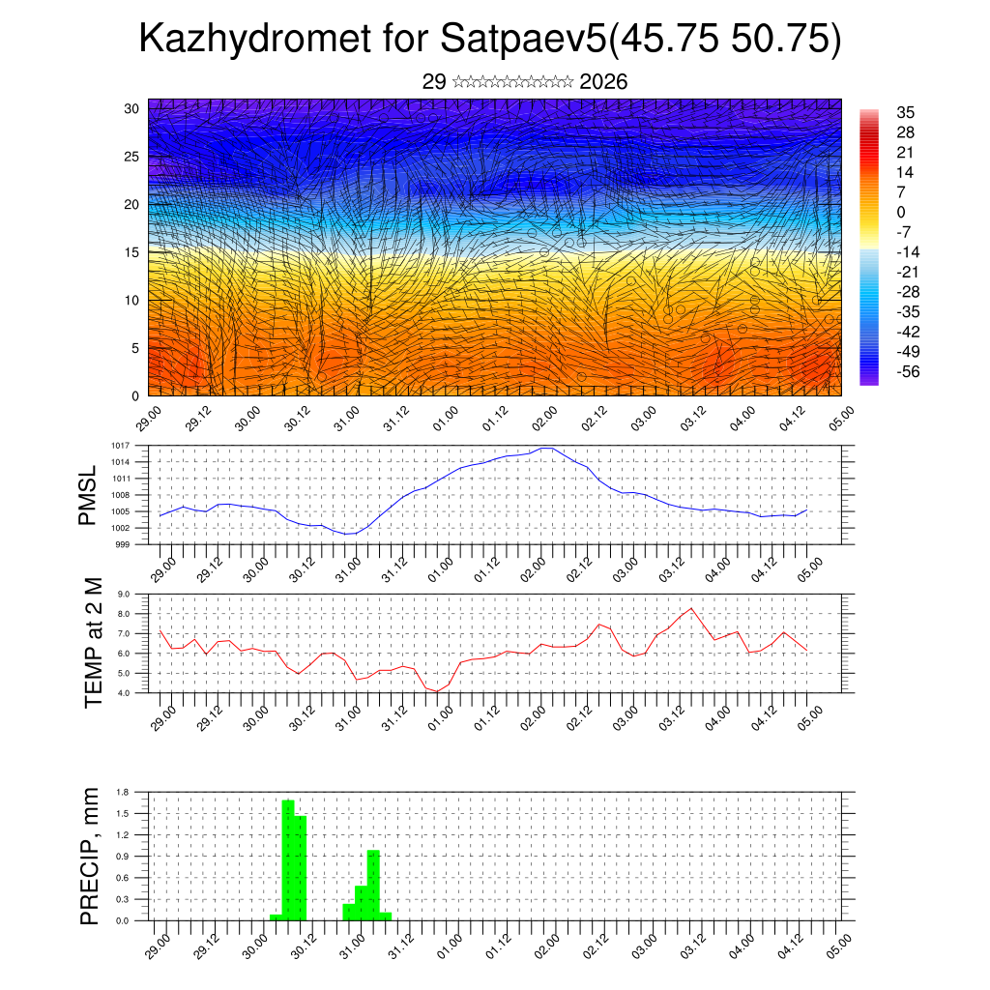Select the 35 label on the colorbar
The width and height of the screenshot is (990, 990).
click(x=906, y=112)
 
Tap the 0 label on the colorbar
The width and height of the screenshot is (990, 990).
click(x=901, y=212)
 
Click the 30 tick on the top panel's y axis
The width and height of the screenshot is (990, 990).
click(x=131, y=108)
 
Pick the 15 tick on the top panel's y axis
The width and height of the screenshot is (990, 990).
click(x=131, y=252)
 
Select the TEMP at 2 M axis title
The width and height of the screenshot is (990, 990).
click(x=93, y=642)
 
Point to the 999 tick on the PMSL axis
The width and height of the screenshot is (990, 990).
click(x=124, y=544)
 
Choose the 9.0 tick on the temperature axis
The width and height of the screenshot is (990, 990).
click(x=124, y=595)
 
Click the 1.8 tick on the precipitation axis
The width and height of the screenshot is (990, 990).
click(x=122, y=792)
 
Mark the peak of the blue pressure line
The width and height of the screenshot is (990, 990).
click(x=546, y=448)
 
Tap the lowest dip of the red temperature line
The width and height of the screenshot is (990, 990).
click(x=437, y=691)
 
